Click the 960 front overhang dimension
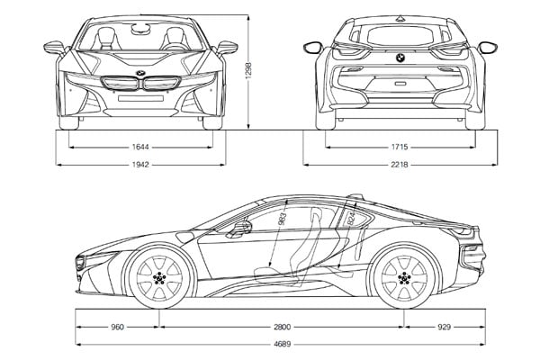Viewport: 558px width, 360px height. tap(116, 326)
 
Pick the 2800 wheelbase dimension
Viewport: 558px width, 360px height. tap(281, 326)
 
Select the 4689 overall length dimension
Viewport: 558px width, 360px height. tap(281, 344)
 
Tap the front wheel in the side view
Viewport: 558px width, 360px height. tap(160, 278)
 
